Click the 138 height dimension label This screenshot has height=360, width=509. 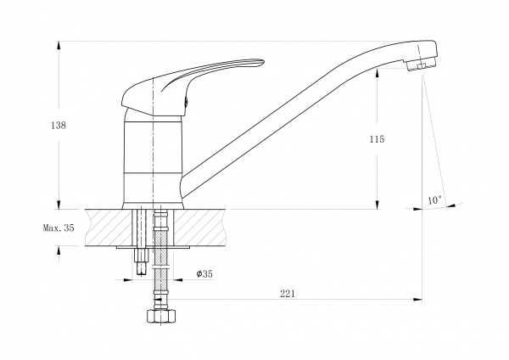59,125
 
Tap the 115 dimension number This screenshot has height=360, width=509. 377,139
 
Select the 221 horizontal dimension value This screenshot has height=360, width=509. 288,294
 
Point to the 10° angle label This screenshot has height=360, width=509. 434,200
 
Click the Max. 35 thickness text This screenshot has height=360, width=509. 59,228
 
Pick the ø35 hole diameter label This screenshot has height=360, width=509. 204,274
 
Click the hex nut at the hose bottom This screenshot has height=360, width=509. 161,316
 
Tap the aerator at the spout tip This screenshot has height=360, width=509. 422,65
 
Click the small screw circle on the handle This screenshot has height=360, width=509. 186,102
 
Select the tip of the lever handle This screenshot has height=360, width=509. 264,61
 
